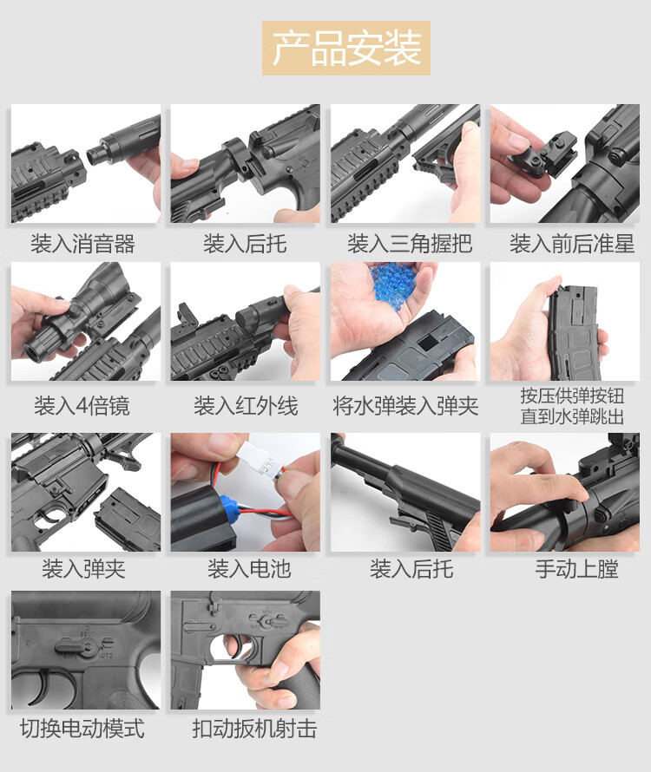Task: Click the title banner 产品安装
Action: click(346, 48)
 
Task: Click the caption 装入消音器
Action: click(82, 244)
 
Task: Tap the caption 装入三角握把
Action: click(410, 244)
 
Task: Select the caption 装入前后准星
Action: click(572, 244)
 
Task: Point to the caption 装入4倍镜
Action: click(82, 406)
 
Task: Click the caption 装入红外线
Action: click(246, 406)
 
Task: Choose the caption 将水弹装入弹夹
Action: click(405, 406)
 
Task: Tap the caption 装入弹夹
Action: click(83, 569)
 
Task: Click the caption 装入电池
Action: click(249, 569)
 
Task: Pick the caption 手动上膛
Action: click(576, 569)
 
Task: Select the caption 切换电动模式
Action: click(82, 729)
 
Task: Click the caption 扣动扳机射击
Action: click(254, 729)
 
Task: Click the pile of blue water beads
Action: click(394, 282)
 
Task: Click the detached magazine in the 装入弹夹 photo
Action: click(127, 520)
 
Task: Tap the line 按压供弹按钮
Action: click(572, 396)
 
